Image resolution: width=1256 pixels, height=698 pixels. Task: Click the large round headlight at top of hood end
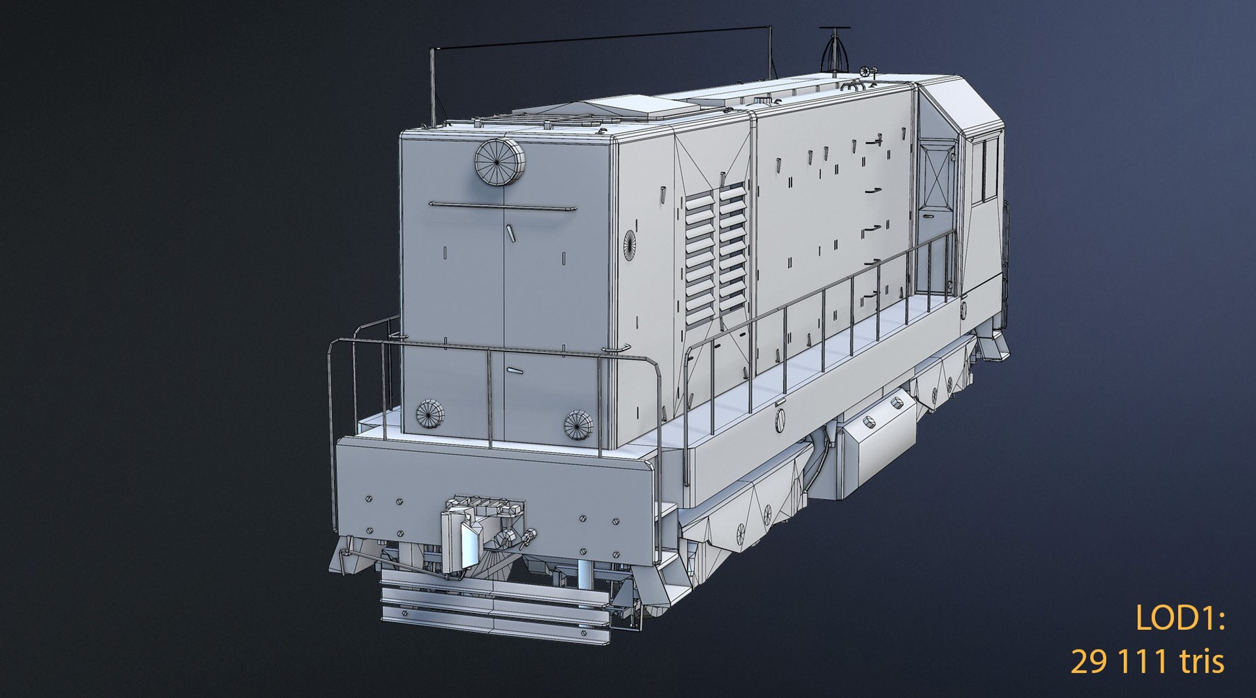(500, 162)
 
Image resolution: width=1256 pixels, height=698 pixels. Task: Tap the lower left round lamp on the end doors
(429, 413)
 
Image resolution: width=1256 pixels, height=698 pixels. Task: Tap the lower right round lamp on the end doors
(578, 425)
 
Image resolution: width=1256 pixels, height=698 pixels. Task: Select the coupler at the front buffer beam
(481, 530)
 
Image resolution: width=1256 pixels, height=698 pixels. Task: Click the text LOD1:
(1179, 618)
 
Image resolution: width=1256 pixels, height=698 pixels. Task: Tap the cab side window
(989, 168)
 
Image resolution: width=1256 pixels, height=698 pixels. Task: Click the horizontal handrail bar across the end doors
(502, 207)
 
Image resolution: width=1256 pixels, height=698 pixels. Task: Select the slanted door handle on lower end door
(515, 370)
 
